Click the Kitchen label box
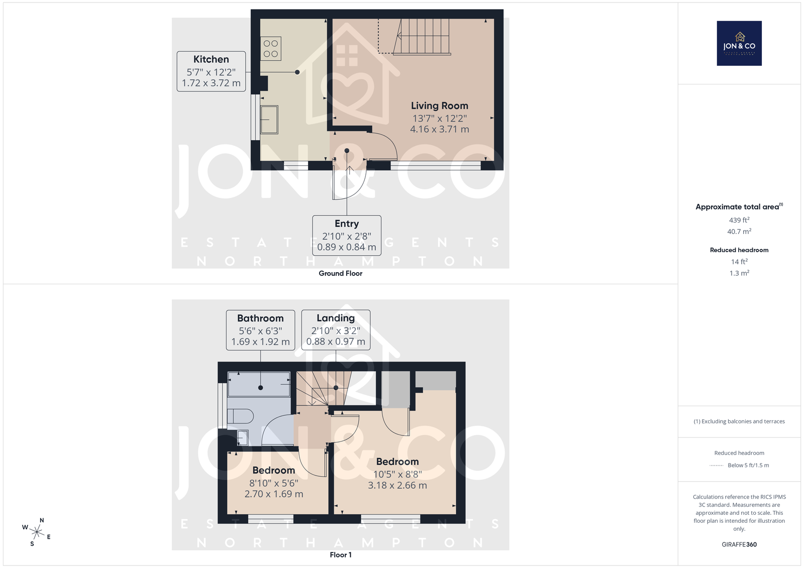click(211, 71)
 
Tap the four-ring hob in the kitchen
click(271, 48)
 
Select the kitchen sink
click(269, 120)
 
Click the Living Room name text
click(439, 105)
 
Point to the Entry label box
click(347, 236)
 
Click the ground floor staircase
click(422, 37)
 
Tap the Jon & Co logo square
click(739, 43)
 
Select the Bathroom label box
click(260, 330)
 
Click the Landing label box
click(336, 330)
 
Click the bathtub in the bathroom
click(259, 384)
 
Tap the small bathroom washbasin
click(243, 438)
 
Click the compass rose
click(37, 532)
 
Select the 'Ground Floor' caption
click(340, 273)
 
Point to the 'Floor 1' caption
click(341, 555)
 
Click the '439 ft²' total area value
click(739, 220)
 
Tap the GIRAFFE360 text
click(739, 544)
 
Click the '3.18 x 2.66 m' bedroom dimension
click(397, 486)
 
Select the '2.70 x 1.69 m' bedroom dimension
click(273, 494)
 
